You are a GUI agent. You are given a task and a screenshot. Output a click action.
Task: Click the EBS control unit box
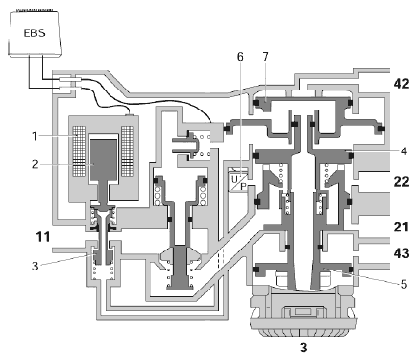34,34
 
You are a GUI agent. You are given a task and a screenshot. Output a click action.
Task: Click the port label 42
401,84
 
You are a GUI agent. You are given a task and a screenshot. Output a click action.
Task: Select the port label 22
401,182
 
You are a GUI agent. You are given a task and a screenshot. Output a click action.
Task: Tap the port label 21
401,228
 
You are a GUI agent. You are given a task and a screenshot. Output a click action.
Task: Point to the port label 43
401,253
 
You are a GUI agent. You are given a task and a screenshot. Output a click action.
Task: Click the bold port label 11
43,237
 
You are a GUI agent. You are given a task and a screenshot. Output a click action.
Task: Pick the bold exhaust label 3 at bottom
304,348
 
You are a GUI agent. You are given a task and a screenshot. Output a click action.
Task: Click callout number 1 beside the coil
35,136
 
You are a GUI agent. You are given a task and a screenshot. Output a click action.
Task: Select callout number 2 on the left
35,164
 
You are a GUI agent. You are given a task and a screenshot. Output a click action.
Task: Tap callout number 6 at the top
240,57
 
